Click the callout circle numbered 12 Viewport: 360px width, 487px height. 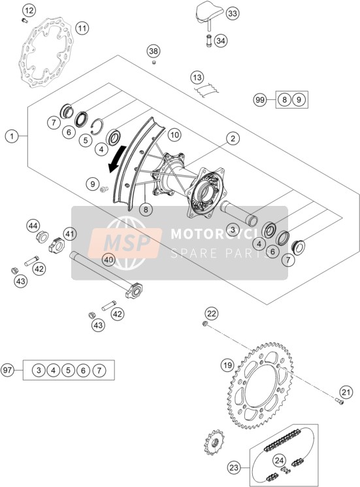(x=29, y=11)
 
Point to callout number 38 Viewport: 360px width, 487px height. (x=154, y=51)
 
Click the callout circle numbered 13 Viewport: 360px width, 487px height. (x=197, y=77)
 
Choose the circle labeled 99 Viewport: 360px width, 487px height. (x=260, y=100)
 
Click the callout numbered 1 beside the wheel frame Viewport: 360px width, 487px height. (x=12, y=136)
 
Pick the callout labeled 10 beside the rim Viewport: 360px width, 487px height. (x=174, y=135)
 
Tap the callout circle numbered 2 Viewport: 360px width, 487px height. (x=233, y=138)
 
